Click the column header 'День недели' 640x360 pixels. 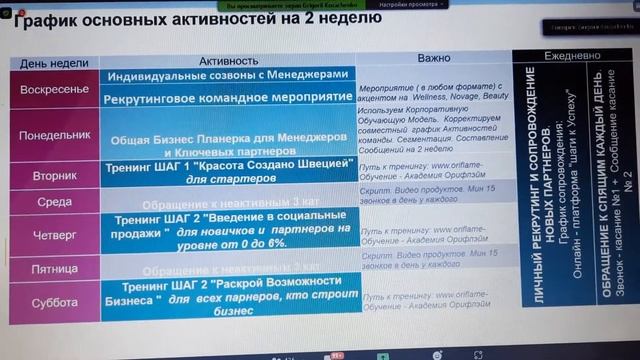54,62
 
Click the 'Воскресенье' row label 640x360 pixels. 56,89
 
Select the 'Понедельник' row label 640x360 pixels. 56,134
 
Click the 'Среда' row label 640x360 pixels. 56,201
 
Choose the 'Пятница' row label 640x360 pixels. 56,268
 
